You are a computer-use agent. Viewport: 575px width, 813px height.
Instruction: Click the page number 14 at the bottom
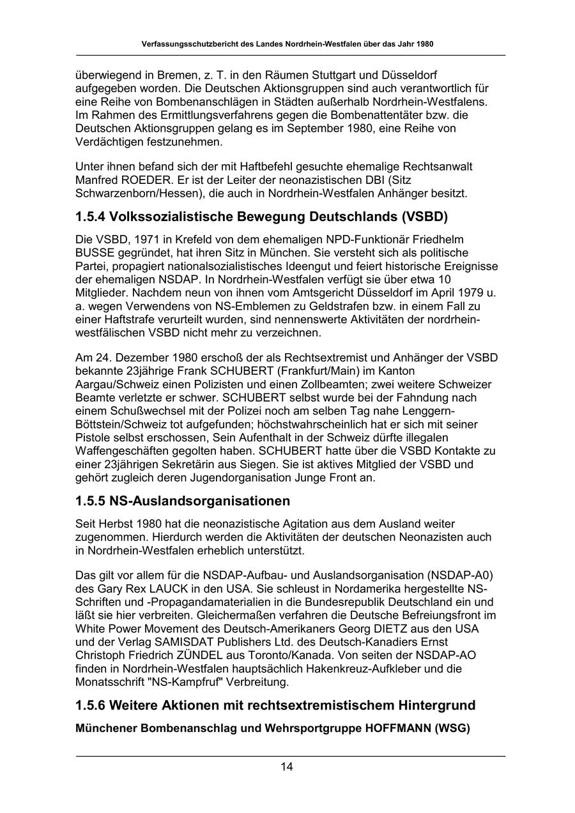(287, 767)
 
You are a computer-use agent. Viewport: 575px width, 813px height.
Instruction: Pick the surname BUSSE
(95, 252)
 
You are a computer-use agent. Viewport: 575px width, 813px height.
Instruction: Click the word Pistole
(94, 437)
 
